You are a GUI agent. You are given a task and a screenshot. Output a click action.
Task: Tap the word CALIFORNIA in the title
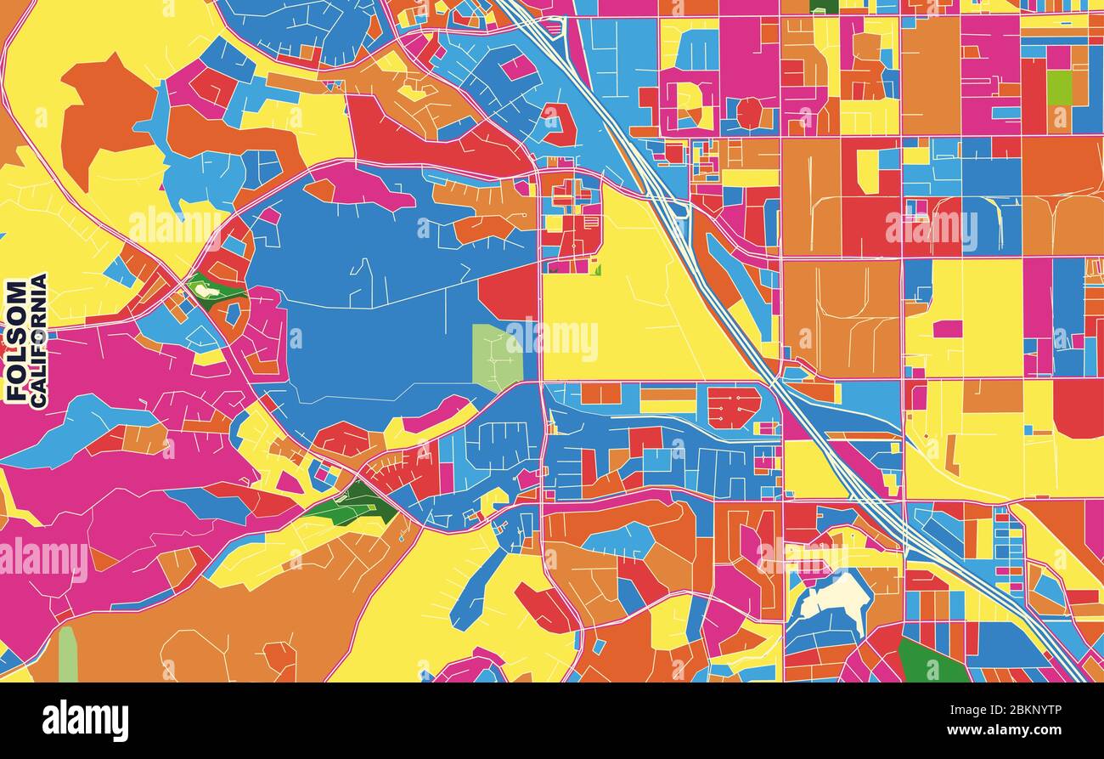pos(38,340)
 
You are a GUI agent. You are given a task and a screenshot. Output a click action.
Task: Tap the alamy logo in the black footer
pos(85,720)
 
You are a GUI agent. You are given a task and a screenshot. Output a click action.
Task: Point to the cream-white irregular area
pos(836,596)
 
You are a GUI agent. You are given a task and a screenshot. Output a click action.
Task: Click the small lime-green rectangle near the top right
pos(1058,87)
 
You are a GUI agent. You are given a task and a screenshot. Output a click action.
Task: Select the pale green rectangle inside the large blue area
pos(497,356)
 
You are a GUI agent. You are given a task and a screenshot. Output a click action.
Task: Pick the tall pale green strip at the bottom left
pos(67,654)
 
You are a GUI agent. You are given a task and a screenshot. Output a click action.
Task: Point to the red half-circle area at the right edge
pos(1080,407)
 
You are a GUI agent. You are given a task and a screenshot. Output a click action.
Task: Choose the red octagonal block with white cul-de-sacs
pos(734,407)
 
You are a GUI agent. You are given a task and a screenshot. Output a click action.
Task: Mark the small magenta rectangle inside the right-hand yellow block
pos(947,329)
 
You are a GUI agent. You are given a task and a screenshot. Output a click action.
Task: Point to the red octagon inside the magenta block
pos(749,113)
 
